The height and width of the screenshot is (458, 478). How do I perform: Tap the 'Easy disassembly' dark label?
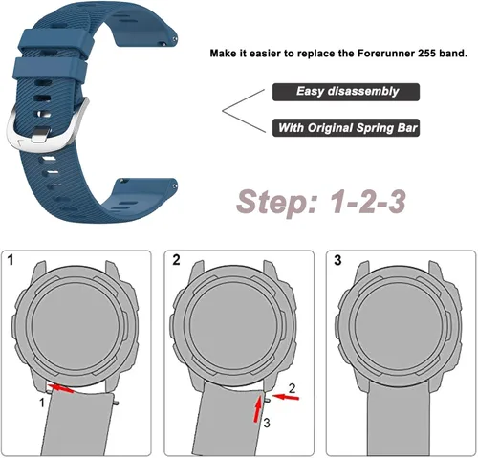[x=346, y=92]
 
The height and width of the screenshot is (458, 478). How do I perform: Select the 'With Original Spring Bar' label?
[x=346, y=128]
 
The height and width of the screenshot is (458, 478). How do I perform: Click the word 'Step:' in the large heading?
[x=276, y=202]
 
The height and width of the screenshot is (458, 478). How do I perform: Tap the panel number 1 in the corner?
[x=11, y=260]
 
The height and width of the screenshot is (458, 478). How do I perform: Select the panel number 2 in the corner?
[x=176, y=260]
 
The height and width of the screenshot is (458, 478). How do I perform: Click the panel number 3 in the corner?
[x=337, y=260]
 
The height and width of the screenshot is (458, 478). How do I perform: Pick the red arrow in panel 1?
[x=62, y=388]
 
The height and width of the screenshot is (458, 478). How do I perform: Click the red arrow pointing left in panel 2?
[x=286, y=397]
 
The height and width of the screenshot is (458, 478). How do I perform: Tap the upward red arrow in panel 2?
[x=258, y=409]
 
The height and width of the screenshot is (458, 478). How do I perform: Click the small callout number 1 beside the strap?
[x=42, y=403]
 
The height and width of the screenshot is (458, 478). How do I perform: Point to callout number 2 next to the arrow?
[x=292, y=388]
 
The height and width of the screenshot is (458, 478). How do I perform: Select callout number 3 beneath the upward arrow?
[x=267, y=424]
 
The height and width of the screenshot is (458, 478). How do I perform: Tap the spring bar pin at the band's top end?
[x=175, y=39]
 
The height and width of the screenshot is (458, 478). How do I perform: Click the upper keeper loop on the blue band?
[x=56, y=40]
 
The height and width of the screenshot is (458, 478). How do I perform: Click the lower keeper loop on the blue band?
[x=50, y=69]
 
